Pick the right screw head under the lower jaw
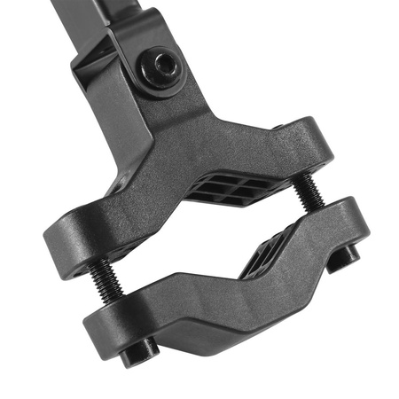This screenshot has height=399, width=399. coord(348,255)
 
